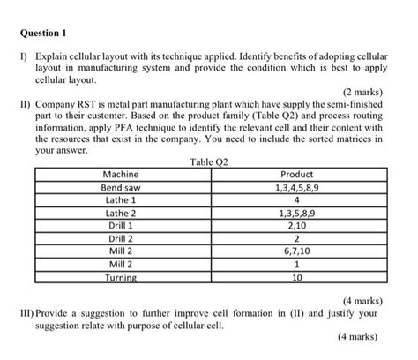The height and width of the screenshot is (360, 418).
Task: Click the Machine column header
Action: [121, 175]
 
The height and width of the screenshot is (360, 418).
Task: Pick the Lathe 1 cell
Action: [121, 200]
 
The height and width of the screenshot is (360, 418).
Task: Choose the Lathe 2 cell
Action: [121, 213]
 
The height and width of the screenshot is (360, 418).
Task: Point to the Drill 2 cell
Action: [121, 238]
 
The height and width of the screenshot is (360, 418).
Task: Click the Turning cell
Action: [121, 277]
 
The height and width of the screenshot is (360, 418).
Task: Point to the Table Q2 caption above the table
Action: [209, 161]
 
